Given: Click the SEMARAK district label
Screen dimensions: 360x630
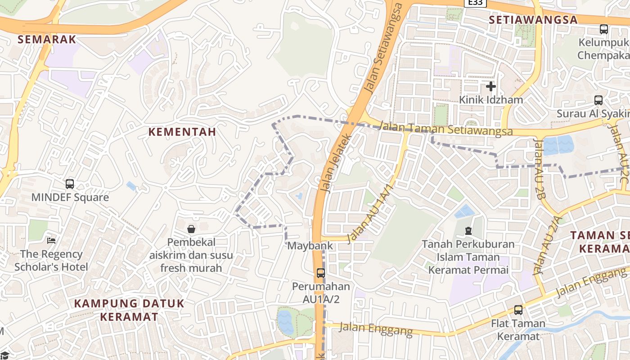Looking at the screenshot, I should point(47,39).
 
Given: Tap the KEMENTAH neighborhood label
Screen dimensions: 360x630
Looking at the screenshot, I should point(182,132).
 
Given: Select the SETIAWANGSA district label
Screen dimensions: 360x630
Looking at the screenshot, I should point(533,20).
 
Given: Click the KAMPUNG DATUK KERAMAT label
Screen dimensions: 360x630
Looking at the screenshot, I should point(129,310).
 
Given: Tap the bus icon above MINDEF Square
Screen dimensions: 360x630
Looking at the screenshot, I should point(70,184).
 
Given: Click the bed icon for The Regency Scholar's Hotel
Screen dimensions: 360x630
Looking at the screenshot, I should point(51,241).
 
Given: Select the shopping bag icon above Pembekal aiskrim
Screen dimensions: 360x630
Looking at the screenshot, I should point(191,229).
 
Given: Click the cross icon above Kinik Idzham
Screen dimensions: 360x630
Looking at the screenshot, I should point(491,86).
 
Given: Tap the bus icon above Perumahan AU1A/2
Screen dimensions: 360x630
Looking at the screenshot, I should point(320,273).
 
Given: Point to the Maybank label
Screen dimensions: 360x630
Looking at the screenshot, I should point(310,246).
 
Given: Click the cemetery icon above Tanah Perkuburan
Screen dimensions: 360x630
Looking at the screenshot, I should point(468,231).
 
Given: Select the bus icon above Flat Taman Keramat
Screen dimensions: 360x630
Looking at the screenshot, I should point(518,310).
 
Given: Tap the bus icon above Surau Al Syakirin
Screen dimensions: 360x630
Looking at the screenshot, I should point(598,100).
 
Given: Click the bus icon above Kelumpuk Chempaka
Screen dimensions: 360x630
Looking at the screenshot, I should point(603,29).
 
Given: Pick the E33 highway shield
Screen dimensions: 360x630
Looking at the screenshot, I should point(475,3).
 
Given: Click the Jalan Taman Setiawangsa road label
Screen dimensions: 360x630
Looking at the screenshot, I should point(446,129).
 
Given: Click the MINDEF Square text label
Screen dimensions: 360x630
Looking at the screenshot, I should point(70,197).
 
